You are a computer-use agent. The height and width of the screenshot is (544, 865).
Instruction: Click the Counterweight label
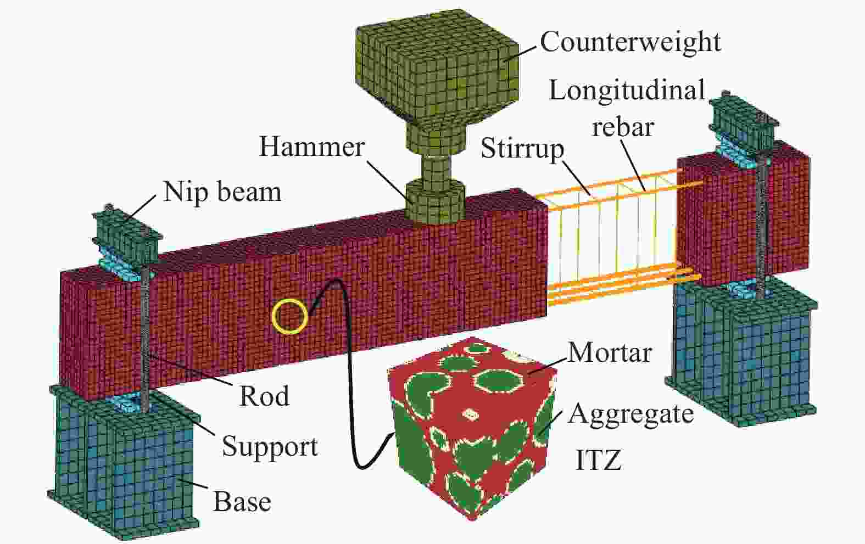630,42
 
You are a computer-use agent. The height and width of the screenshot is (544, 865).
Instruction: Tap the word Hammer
311,147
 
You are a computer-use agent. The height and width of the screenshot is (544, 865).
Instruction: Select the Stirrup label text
522,150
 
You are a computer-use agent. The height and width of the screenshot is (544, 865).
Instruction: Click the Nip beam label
222,192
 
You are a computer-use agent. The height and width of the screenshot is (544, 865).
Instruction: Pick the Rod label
264,396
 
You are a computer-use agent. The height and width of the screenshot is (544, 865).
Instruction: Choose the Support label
270,447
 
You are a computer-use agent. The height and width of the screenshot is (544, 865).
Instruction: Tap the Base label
242,502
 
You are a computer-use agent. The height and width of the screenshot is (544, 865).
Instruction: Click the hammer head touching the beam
434,203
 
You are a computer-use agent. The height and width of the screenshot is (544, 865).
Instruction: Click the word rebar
623,127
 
